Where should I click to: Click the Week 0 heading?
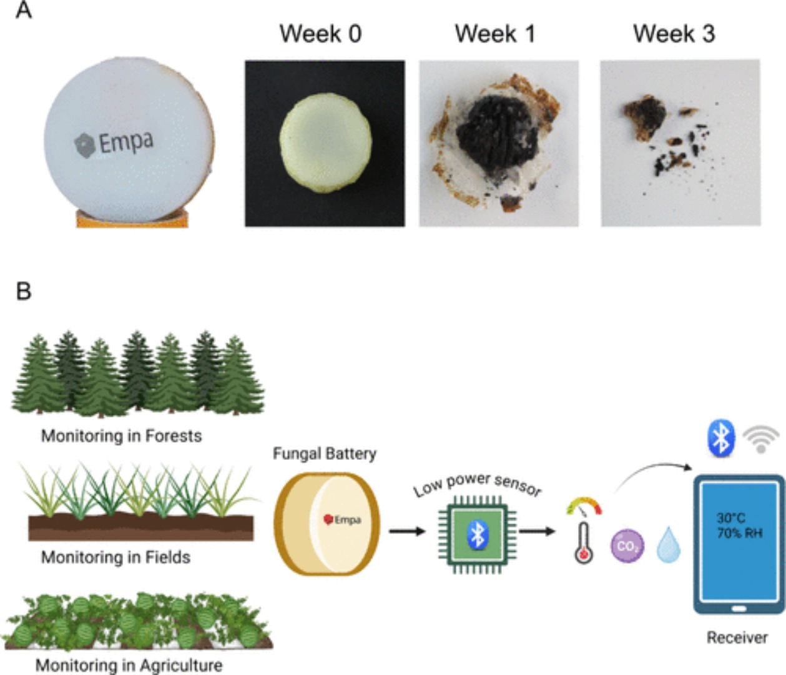320,34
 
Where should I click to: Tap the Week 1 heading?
495,34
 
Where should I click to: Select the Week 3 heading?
674,34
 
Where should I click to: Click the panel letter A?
24,10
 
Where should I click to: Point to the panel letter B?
24,292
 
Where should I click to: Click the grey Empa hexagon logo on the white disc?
84,145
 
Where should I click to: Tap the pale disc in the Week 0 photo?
325,143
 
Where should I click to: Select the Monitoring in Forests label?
121,436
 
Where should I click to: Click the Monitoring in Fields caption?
115,557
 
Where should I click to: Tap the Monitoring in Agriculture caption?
129,666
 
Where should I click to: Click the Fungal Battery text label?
325,454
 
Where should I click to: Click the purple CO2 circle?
627,546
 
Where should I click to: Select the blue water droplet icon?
668,544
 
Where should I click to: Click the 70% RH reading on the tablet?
740,533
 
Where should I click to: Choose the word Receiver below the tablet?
737,637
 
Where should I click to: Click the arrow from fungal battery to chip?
407,531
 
